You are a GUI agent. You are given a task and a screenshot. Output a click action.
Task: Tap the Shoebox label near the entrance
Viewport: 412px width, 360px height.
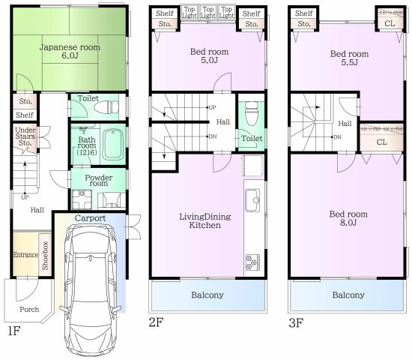point(46,256)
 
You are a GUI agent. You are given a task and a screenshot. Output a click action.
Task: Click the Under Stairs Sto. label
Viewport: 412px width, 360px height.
point(26,139)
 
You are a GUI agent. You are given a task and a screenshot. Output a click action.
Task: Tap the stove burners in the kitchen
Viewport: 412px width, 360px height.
point(250,262)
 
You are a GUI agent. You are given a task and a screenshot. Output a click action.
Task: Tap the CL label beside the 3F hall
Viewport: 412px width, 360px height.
point(381,142)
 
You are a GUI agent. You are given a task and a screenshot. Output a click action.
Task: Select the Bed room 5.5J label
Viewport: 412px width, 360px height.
point(349,58)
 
